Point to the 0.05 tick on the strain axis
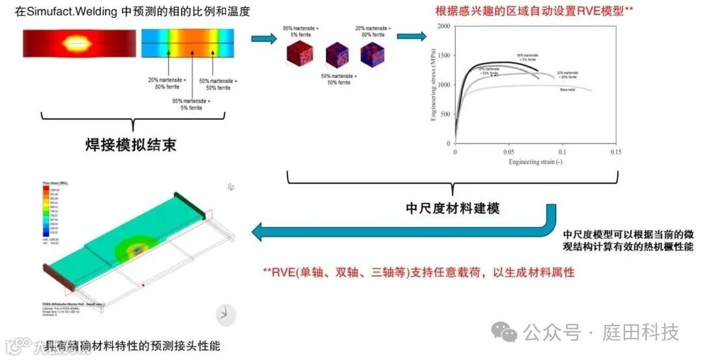click(508, 150)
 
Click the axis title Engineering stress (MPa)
click(434, 85)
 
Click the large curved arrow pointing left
click(402, 228)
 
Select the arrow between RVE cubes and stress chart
click(411, 37)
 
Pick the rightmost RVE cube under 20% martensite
click(373, 52)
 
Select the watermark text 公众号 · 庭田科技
click(601, 333)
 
